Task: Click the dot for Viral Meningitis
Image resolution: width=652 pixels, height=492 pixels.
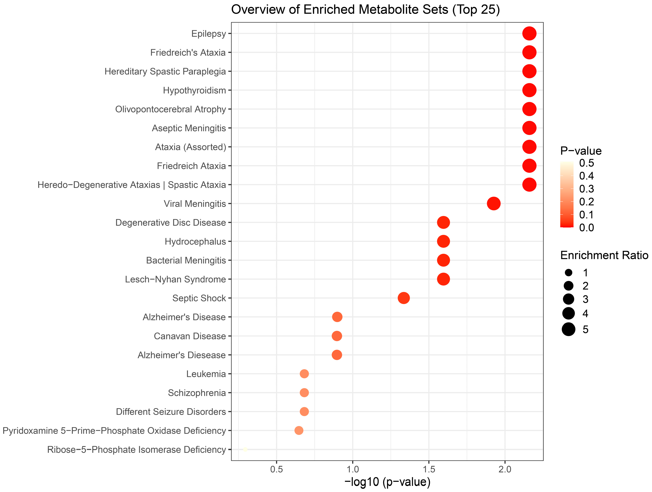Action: (x=493, y=204)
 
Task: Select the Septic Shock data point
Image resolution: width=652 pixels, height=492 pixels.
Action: (x=404, y=298)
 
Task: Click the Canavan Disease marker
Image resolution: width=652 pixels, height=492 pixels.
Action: (x=337, y=336)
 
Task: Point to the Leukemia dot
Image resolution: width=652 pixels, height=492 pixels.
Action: (x=304, y=374)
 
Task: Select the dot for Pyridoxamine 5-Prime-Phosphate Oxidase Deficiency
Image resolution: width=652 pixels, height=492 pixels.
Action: (x=299, y=430)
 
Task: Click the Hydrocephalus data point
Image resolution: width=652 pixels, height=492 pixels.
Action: (x=443, y=241)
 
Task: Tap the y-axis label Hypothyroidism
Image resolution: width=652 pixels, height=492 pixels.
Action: (x=194, y=90)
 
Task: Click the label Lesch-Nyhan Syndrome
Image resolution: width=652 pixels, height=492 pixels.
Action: (x=175, y=279)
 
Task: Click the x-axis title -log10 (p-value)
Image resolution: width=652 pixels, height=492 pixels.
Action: (x=387, y=482)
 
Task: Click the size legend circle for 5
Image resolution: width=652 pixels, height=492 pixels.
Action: (x=568, y=329)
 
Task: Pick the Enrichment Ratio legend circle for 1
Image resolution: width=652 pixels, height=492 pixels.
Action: (x=568, y=273)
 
